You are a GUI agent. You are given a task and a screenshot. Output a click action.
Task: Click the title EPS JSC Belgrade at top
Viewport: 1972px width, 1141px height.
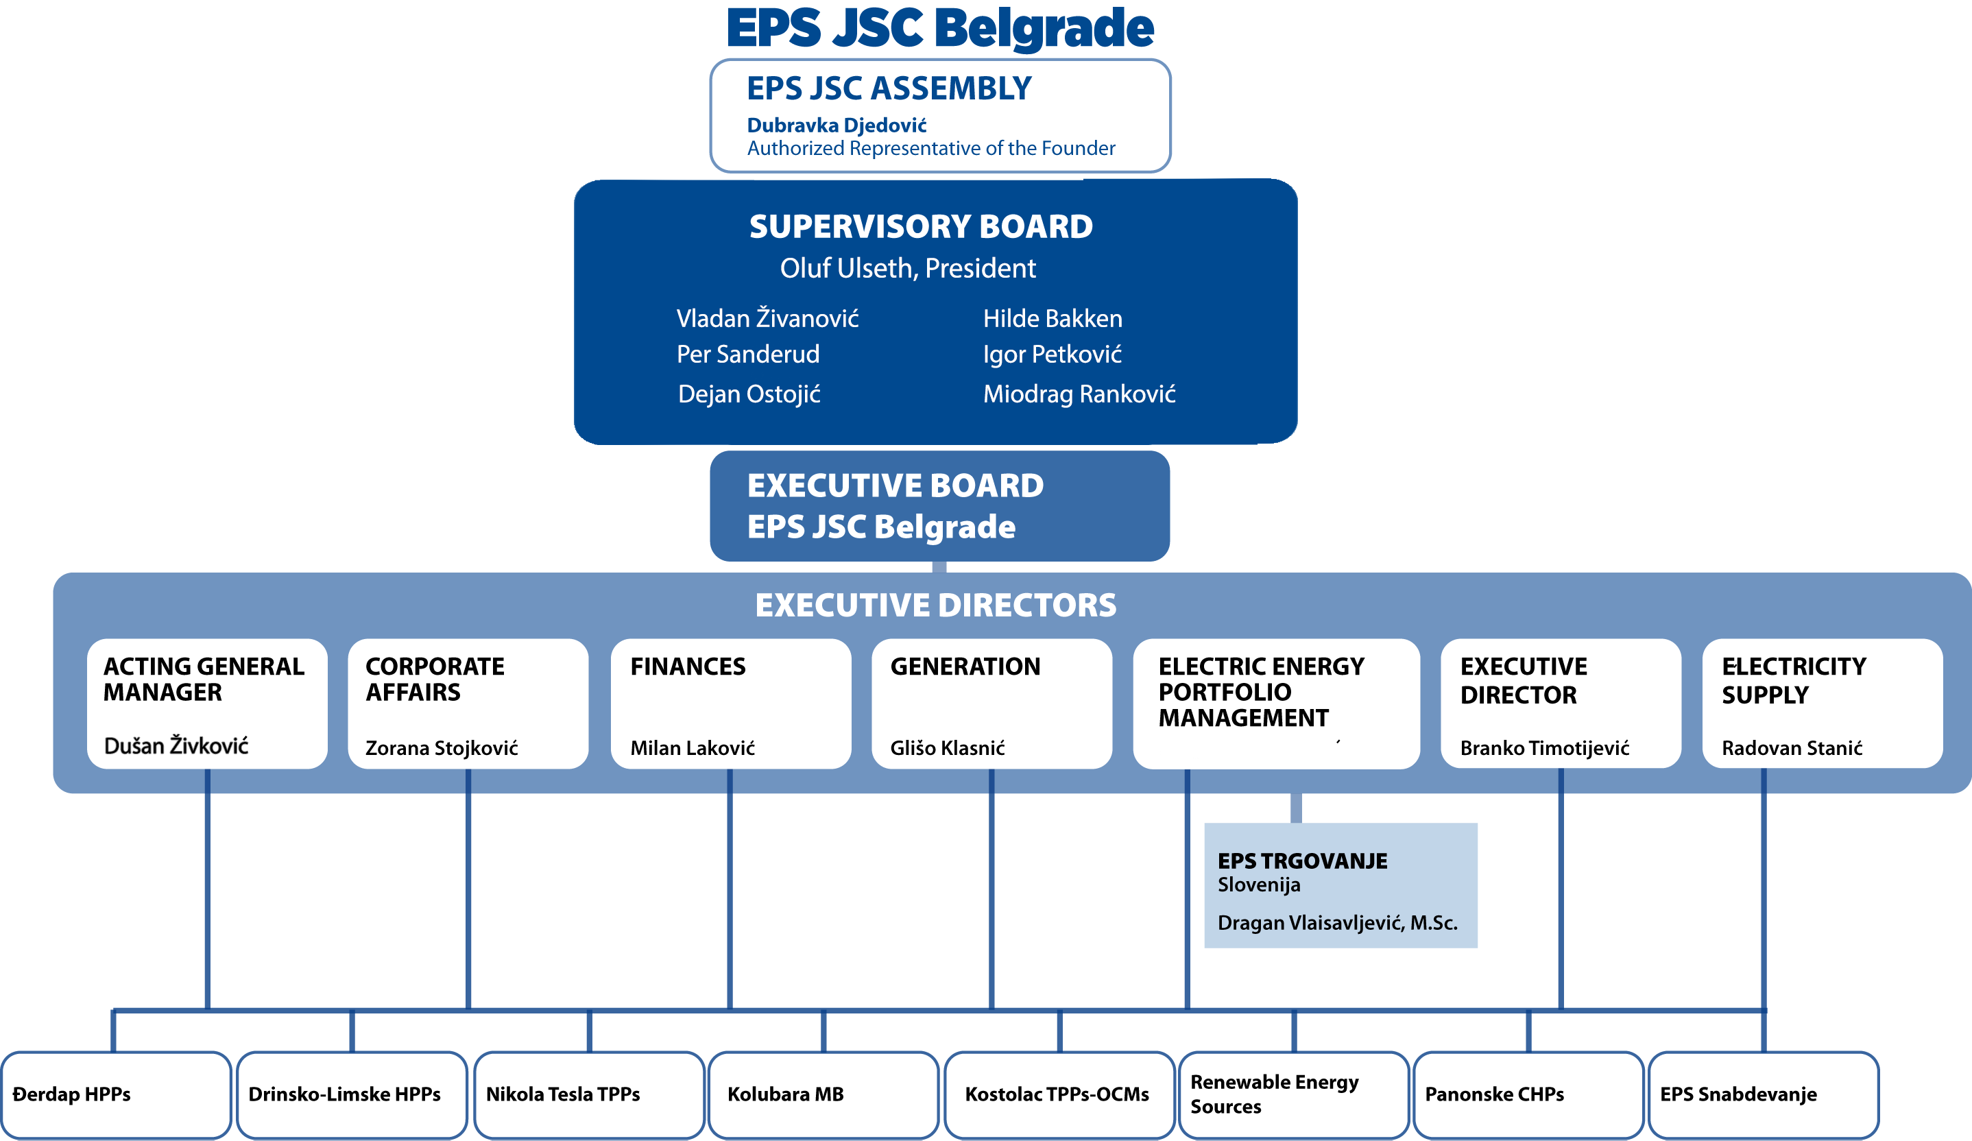coord(940,28)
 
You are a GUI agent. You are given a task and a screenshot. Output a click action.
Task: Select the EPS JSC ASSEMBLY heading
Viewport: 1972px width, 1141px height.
coord(889,88)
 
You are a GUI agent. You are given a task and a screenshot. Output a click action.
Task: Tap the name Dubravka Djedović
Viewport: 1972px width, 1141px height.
coord(836,125)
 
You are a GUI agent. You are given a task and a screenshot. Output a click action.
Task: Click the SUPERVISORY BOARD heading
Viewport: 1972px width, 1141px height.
coord(920,227)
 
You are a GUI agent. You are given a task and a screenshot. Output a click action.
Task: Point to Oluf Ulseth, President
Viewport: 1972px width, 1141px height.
coord(907,268)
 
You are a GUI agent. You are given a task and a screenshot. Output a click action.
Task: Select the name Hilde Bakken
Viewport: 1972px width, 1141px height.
coord(1052,319)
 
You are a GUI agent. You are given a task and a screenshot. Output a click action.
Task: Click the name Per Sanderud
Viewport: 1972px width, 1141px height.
coord(747,355)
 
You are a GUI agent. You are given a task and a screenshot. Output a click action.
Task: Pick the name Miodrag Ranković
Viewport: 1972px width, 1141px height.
coord(1079,394)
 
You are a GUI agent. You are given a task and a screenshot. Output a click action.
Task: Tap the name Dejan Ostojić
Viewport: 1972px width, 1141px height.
coord(748,394)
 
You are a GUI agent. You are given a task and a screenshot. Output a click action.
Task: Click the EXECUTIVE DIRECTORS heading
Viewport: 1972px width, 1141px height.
coord(935,605)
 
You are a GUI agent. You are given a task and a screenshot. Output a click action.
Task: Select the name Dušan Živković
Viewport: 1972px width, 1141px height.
coord(176,746)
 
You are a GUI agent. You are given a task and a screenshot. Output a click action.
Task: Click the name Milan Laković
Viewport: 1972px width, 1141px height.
coord(692,748)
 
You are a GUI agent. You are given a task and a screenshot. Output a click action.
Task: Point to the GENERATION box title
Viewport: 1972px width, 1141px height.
coord(965,666)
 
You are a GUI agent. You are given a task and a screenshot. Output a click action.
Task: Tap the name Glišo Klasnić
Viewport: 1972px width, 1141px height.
coord(947,748)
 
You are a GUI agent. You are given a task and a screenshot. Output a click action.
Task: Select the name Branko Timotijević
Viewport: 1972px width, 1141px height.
coord(1544,748)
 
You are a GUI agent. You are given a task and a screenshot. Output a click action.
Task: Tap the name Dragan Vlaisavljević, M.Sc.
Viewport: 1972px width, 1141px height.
coord(1336,923)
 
